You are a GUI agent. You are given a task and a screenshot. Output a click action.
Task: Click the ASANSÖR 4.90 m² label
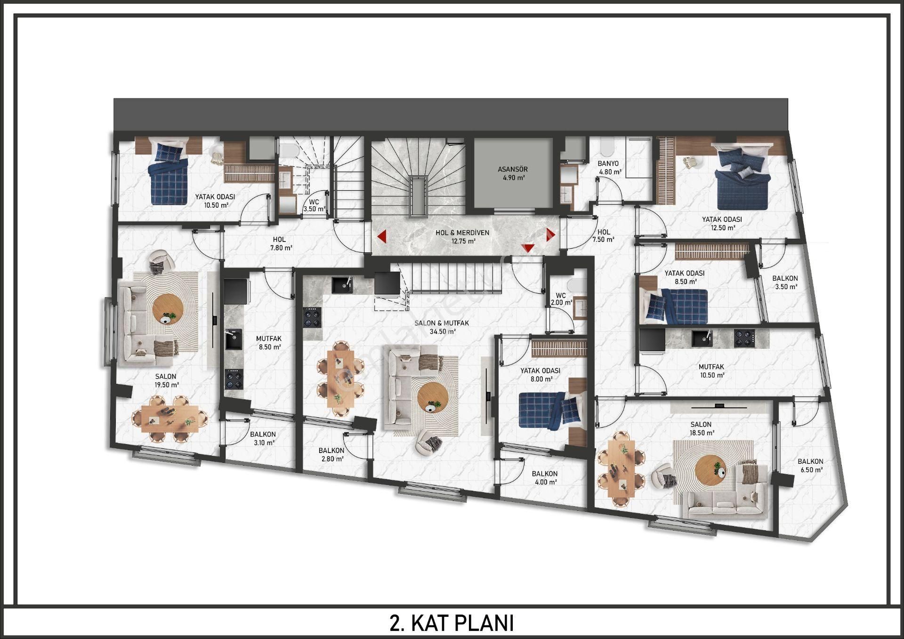(513, 173)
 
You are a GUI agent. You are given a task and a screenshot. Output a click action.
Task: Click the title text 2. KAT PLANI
(452, 623)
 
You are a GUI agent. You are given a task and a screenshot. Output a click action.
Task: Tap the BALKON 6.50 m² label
(810, 466)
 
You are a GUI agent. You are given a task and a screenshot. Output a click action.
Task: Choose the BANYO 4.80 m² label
(610, 168)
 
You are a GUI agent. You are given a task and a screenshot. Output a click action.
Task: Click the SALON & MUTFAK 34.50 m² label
(442, 327)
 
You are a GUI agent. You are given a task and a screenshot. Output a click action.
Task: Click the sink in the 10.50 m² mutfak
(701, 338)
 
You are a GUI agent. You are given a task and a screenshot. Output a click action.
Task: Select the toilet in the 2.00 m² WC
(574, 285)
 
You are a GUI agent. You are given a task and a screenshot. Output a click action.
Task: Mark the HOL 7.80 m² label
(279, 243)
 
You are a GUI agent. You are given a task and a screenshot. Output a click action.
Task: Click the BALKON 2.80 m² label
(331, 454)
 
